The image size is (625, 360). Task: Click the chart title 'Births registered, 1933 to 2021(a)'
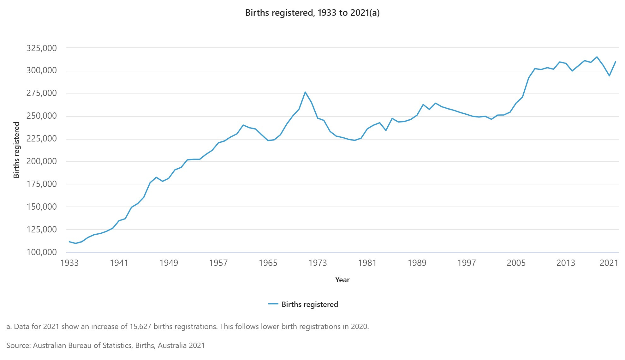(x=312, y=13)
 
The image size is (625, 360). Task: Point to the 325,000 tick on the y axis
(x=42, y=48)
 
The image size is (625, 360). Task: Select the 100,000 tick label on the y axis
(x=42, y=252)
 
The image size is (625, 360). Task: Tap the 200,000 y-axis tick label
(x=42, y=161)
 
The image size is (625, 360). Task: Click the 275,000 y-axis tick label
(x=42, y=93)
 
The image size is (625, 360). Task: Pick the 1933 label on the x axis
(x=69, y=263)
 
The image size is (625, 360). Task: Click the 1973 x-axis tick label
(x=318, y=263)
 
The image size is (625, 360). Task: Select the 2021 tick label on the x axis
(x=609, y=263)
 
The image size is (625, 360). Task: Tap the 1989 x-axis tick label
(x=417, y=263)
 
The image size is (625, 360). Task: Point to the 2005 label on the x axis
(x=516, y=263)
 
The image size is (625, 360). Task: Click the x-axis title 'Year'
(x=342, y=280)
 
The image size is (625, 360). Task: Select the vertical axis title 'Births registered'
(x=16, y=150)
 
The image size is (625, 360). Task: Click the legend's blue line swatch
(x=273, y=304)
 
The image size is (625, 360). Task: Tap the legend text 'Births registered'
(x=310, y=304)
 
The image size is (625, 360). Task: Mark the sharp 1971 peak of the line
(x=305, y=92)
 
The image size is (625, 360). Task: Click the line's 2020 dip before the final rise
(x=609, y=76)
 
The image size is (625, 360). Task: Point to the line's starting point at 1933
(x=69, y=242)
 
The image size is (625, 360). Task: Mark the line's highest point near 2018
(x=597, y=57)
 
